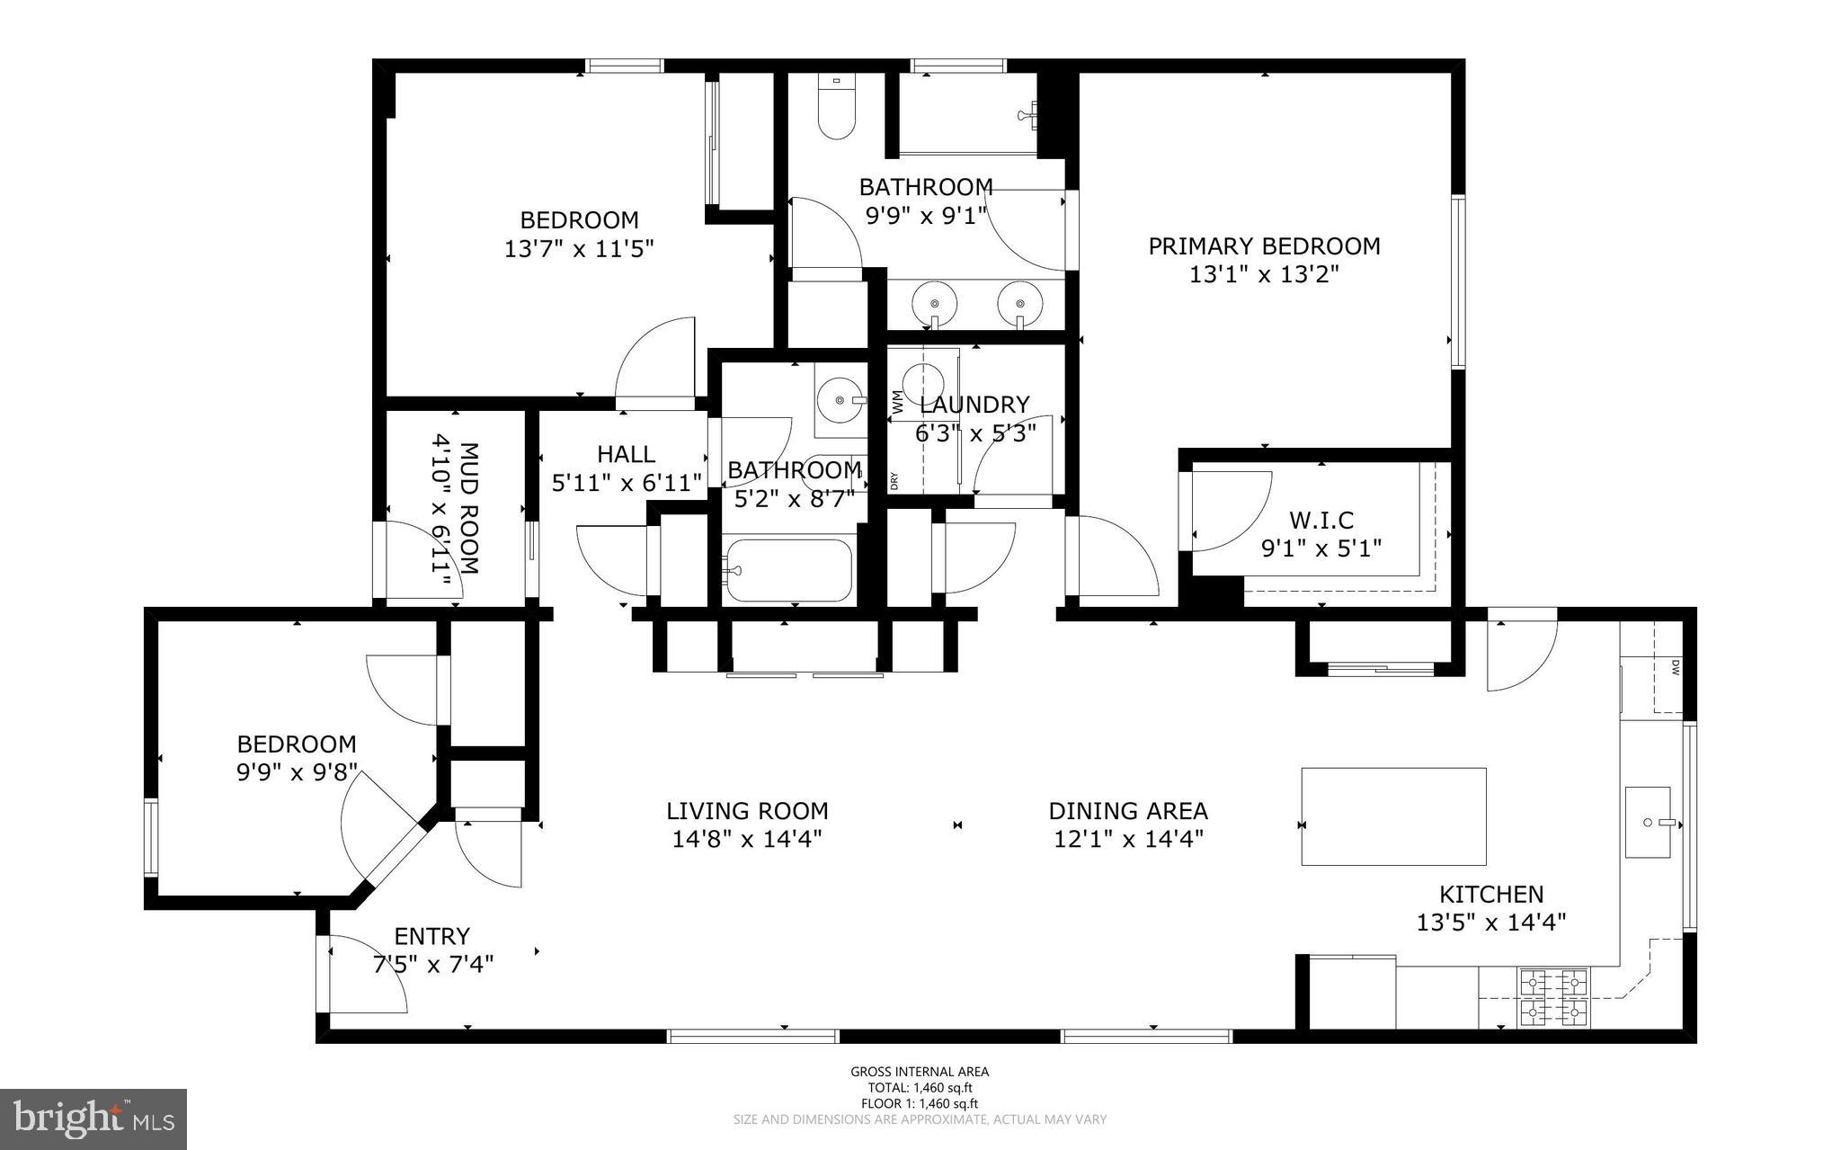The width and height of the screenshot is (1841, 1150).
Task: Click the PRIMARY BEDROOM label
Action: (x=1264, y=246)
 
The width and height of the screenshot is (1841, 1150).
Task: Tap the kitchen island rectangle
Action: (x=1393, y=816)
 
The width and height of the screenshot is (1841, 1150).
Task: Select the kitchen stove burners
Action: (x=1553, y=997)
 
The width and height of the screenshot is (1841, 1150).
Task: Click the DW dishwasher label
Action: (x=1676, y=667)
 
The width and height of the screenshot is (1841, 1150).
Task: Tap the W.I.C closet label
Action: (x=1321, y=520)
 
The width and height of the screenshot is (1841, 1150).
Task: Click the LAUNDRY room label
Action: (x=974, y=406)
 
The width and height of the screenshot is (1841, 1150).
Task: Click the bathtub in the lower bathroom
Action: (x=788, y=570)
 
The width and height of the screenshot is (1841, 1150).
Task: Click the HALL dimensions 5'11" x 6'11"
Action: (x=627, y=484)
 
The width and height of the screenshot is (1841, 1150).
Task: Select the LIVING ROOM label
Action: (x=747, y=811)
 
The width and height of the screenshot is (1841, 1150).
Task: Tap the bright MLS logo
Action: (x=93, y=1119)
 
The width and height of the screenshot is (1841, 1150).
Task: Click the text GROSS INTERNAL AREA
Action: (x=920, y=1072)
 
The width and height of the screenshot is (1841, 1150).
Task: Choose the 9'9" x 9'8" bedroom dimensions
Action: (x=297, y=773)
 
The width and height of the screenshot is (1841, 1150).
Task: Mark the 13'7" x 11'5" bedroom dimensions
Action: (x=579, y=248)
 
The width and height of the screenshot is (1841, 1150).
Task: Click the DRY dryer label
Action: (x=895, y=481)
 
